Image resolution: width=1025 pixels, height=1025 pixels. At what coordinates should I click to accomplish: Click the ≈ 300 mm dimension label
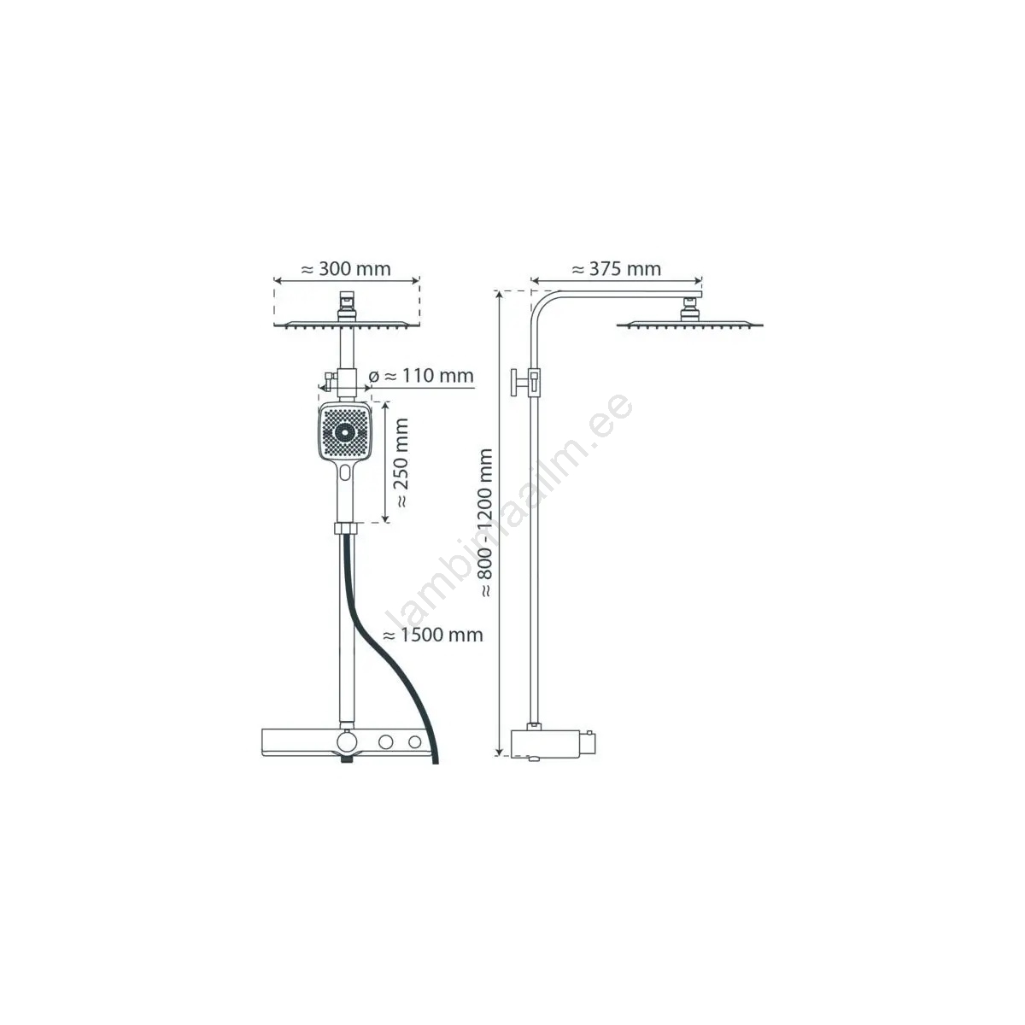346,269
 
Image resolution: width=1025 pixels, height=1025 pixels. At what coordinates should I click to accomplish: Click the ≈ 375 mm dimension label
616,269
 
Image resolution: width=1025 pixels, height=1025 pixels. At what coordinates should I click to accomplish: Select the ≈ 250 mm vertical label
401,464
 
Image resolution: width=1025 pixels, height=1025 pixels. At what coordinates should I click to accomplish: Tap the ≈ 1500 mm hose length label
432,635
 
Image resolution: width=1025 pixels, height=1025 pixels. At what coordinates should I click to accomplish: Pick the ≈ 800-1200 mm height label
487,523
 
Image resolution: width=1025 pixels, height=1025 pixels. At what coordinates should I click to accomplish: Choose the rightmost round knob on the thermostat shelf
416,741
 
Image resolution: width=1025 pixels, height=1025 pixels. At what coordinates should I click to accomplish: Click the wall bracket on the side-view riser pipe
523,381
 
